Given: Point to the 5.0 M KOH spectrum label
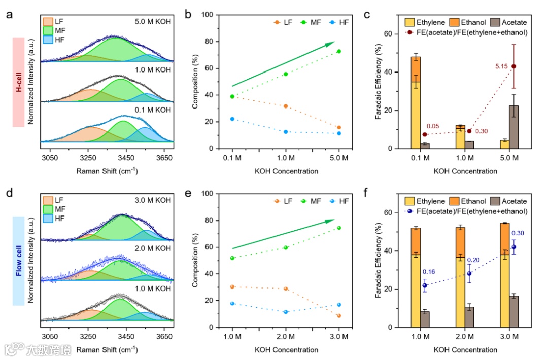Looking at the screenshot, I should click(153, 22).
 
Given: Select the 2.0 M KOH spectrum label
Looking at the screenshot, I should click(153, 248).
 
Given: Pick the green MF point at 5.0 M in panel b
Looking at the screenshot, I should click(339, 51).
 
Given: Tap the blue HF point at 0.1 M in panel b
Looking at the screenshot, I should click(232, 119).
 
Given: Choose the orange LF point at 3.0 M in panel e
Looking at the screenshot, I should click(339, 316).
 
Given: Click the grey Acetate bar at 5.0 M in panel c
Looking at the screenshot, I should click(514, 127).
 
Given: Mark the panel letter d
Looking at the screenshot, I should click(9, 193).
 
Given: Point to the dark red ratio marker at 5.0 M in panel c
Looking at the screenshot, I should click(514, 66).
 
